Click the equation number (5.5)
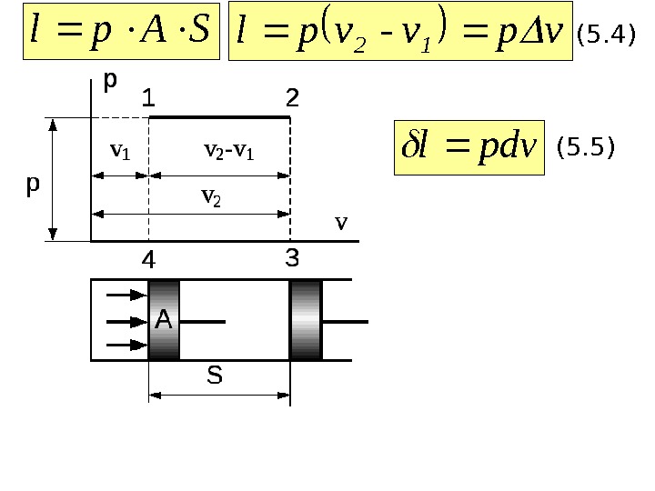(x=586, y=145)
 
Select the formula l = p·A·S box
(x=121, y=33)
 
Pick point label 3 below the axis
(x=292, y=258)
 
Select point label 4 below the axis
(x=148, y=261)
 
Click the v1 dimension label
(x=120, y=152)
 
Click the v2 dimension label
(x=210, y=195)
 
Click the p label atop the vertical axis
(x=110, y=81)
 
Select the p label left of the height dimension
(x=33, y=185)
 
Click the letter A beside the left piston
(x=163, y=319)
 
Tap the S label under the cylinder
(x=215, y=376)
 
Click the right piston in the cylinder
(x=306, y=319)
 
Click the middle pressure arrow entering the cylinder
(x=126, y=320)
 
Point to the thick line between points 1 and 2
(x=219, y=117)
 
